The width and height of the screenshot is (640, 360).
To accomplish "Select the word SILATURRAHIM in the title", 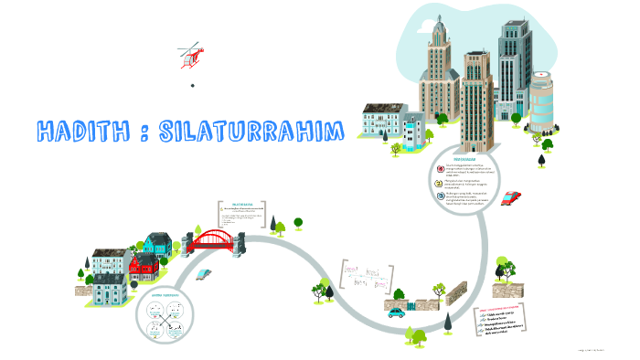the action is pos(251,131).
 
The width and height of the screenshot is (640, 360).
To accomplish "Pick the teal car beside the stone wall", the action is pos(396,312).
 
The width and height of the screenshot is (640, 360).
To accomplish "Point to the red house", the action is pos(144,267).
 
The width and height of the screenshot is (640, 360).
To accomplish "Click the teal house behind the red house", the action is pos(156,244).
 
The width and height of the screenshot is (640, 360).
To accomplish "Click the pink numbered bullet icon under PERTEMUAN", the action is pos(440,168).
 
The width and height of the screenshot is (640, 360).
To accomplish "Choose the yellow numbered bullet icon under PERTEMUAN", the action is pos(440,182).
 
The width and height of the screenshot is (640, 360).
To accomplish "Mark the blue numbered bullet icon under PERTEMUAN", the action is pos(440,195).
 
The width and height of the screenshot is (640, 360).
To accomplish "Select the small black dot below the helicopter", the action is pos(193,86).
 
